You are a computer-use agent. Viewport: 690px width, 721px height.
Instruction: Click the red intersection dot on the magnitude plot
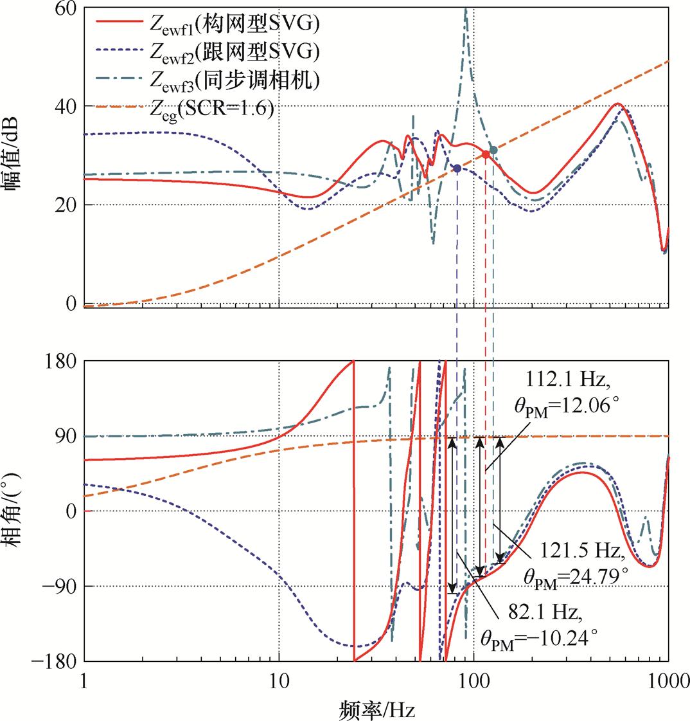(x=486, y=154)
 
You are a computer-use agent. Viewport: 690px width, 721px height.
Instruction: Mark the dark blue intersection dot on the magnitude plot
(x=457, y=169)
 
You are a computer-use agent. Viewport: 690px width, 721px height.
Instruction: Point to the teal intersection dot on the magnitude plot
(x=493, y=150)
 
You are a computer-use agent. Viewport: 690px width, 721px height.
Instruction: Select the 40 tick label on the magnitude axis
(x=66, y=106)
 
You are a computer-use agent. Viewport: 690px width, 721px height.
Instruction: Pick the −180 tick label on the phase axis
(x=57, y=661)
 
